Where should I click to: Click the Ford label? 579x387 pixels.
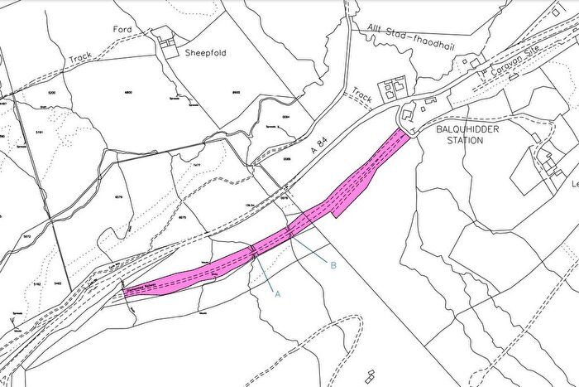[x=122, y=29]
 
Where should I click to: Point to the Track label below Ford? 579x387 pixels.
[x=79, y=60]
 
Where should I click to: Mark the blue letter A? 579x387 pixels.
[x=277, y=294]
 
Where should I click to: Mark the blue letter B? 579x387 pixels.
[x=333, y=265]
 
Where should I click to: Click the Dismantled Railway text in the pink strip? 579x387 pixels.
[x=146, y=288]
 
